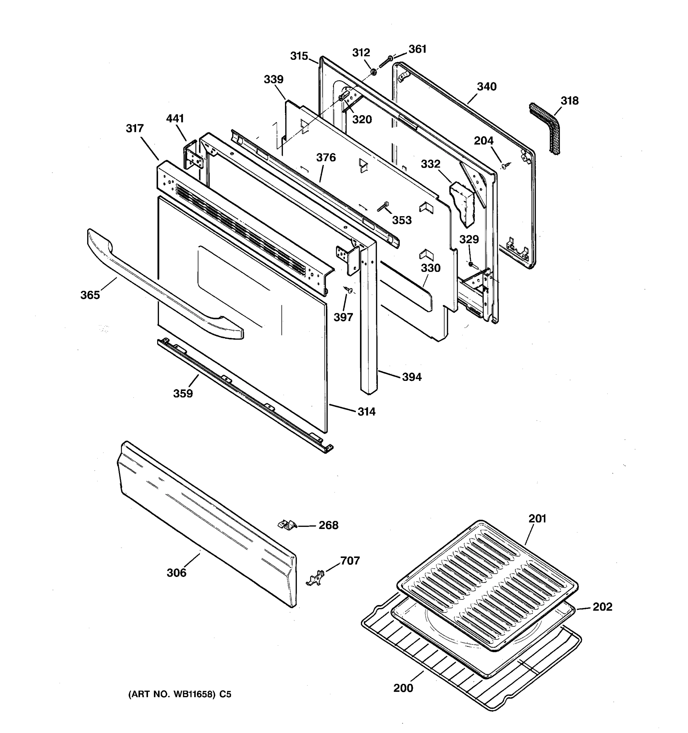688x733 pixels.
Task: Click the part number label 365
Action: coord(90,295)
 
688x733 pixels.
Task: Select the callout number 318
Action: coord(570,101)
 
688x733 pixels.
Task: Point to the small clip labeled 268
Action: coord(287,524)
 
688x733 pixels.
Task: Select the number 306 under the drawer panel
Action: coord(176,573)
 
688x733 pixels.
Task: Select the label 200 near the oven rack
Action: coord(403,688)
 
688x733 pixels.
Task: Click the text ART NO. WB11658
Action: coord(172,695)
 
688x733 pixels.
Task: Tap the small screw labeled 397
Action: coord(348,290)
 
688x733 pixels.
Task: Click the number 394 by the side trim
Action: coord(412,377)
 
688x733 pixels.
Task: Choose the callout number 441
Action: coord(175,119)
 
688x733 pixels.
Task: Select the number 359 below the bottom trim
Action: coord(183,393)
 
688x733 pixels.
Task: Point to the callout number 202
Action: coord(602,607)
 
